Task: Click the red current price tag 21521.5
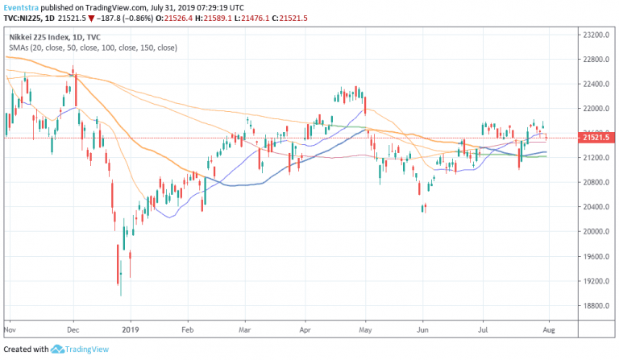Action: click(597, 138)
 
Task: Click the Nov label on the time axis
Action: click(11, 329)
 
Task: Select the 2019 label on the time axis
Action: click(130, 329)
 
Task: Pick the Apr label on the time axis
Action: click(305, 329)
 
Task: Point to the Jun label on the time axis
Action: click(422, 329)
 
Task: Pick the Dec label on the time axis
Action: click(73, 329)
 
